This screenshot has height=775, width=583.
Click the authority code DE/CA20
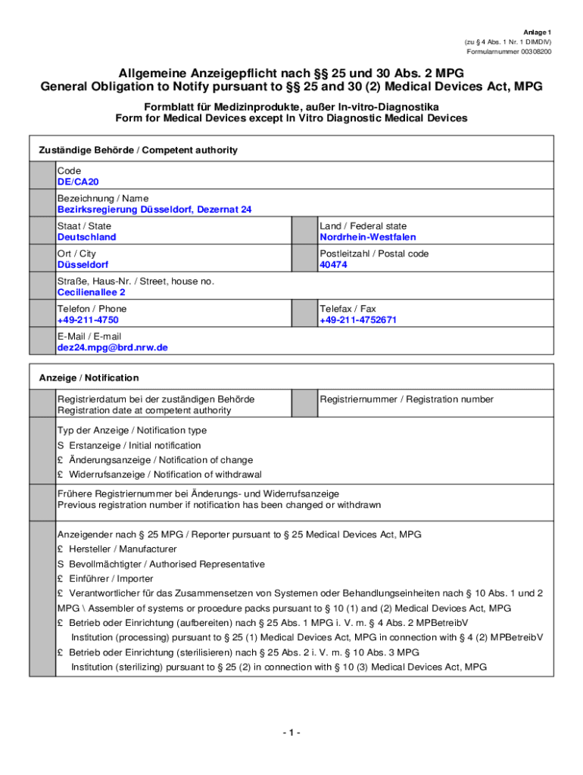(x=78, y=182)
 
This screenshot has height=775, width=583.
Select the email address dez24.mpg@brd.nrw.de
(x=112, y=347)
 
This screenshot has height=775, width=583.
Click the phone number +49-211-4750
(x=87, y=320)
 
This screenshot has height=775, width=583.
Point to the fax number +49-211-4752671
(x=357, y=320)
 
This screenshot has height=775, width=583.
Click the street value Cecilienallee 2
(x=92, y=292)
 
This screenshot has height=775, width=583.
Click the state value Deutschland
(x=87, y=238)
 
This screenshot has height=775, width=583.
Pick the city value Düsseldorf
(x=83, y=265)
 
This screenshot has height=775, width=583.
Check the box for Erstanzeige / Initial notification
(x=61, y=446)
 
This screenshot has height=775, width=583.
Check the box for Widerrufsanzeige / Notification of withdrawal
(x=61, y=475)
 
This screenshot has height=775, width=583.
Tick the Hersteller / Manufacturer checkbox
(x=61, y=549)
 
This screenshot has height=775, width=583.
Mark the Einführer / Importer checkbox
(x=61, y=579)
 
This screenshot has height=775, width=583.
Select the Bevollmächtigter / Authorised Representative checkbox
(x=61, y=565)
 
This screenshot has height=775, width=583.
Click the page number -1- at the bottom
(x=291, y=733)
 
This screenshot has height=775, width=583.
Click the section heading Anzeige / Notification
(x=89, y=378)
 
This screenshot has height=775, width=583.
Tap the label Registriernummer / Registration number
(x=406, y=400)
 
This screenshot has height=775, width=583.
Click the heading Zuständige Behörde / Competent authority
(x=138, y=151)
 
